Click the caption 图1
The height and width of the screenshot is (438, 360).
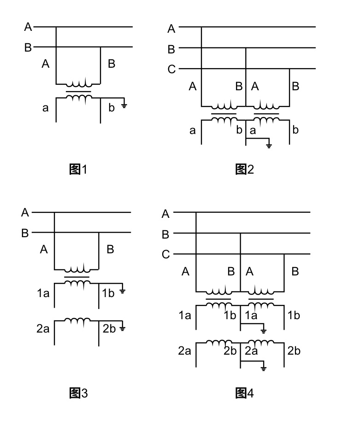78,169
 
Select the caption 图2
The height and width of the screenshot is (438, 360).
244,169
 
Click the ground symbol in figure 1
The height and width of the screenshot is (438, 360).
124,105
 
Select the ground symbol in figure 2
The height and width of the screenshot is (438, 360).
269,146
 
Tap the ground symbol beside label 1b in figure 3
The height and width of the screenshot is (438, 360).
123,291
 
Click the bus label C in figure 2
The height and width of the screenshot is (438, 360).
171,70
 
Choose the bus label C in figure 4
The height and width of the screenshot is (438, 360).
166,255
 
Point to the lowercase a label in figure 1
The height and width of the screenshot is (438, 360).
45,109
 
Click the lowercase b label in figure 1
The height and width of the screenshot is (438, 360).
111,109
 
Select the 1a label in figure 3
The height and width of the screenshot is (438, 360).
43,292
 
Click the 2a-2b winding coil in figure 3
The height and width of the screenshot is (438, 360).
77,321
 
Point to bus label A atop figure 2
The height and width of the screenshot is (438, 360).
171,29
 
